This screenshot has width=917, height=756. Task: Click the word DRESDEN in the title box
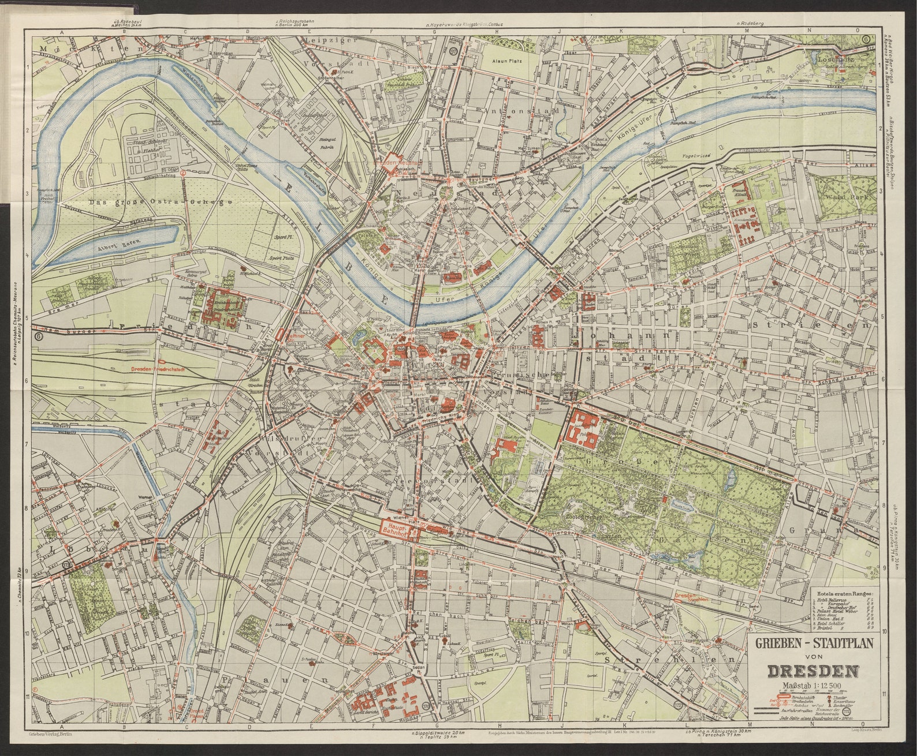pos(812,671)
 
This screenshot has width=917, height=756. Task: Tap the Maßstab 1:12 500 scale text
pos(811,686)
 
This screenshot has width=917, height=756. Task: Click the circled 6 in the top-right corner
pos(866,39)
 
